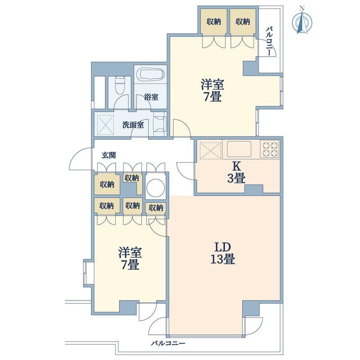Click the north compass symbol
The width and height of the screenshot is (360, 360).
coord(302,21)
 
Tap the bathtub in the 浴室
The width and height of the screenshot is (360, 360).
coord(151,75)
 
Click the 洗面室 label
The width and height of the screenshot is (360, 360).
coord(133,125)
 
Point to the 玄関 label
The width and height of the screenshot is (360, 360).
coord(108,155)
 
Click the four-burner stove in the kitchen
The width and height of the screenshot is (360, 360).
coord(270,149)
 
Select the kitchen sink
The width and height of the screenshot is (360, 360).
coord(239,149)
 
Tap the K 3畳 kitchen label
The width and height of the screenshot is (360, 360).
coord(237,172)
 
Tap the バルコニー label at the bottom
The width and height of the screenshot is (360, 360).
coord(168,343)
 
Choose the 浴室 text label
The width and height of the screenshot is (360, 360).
coord(151,97)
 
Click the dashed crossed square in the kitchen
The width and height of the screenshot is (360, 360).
coord(211,150)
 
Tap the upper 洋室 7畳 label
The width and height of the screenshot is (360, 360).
coord(212,90)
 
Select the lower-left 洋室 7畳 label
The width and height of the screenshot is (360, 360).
coord(130,258)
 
